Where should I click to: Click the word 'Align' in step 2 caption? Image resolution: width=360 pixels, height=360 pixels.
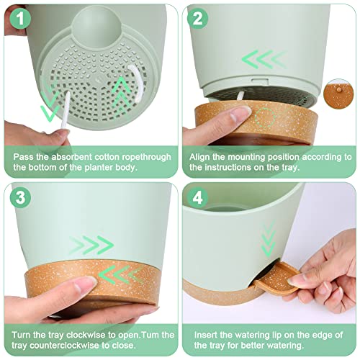coord(202,155)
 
